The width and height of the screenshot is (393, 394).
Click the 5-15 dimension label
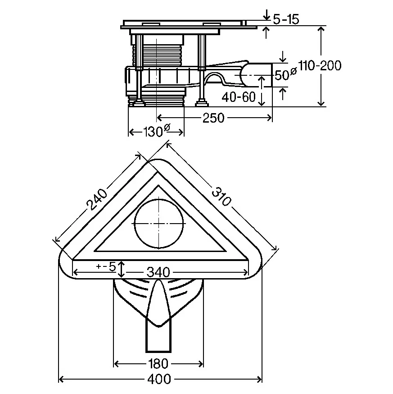pyautogui.click(x=286, y=19)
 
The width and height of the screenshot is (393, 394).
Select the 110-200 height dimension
pyautogui.click(x=320, y=66)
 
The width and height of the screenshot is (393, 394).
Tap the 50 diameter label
pyautogui.click(x=285, y=73)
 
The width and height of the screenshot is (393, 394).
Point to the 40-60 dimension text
pyautogui.click(x=239, y=97)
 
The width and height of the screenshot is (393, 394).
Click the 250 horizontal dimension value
pyautogui.click(x=213, y=118)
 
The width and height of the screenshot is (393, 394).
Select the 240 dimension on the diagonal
pyautogui.click(x=97, y=200)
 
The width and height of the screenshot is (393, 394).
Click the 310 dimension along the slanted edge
pyautogui.click(x=221, y=197)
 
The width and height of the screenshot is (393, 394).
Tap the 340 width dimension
pyautogui.click(x=158, y=272)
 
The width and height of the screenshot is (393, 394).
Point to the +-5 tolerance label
pyautogui.click(x=106, y=266)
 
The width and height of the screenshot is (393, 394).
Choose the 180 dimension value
pyautogui.click(x=158, y=364)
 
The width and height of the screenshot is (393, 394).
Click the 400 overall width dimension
pyautogui.click(x=159, y=379)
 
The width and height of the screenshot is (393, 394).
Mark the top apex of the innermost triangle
pyautogui.click(x=158, y=185)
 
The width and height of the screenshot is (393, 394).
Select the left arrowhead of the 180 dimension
pyautogui.click(x=117, y=364)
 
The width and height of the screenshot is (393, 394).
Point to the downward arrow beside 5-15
pyautogui.click(x=266, y=14)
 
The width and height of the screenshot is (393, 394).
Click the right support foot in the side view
pyautogui.click(x=202, y=103)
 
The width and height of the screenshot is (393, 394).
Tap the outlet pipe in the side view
pyautogui.click(x=256, y=75)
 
